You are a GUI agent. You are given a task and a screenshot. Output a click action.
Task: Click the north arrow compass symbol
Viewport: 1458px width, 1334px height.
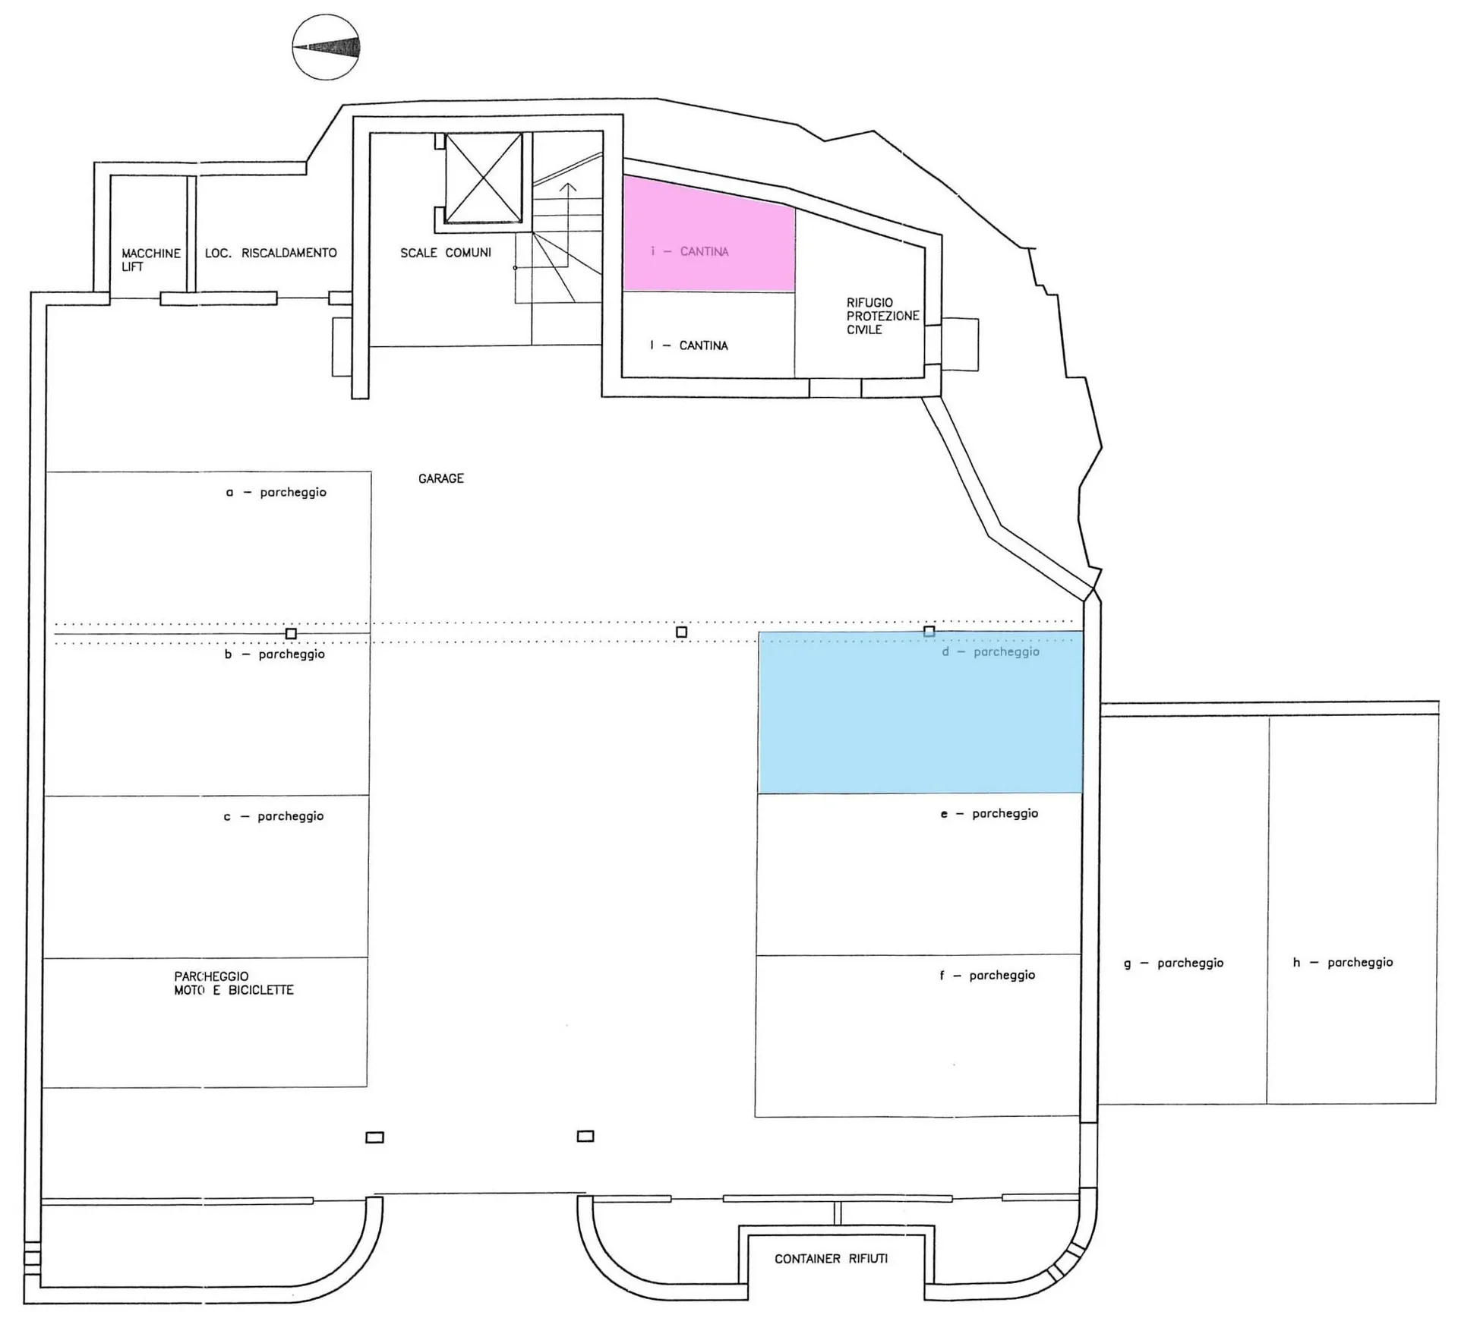click(x=326, y=47)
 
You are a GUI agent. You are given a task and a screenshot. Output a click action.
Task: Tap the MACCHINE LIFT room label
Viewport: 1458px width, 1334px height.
click(x=151, y=260)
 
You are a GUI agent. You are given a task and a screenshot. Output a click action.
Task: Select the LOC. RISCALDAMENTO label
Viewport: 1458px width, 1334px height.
click(x=271, y=253)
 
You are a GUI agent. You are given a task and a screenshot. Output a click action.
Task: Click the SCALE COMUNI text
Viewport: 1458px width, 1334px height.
click(x=446, y=253)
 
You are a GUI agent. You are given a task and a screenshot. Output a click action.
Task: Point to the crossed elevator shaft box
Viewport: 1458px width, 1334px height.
click(x=484, y=178)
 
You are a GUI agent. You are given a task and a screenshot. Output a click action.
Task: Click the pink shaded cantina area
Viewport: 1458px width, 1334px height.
click(x=708, y=234)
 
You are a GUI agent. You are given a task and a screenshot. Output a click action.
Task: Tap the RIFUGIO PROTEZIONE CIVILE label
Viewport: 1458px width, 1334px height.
click(x=883, y=316)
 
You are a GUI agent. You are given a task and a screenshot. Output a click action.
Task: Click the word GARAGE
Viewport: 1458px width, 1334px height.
click(x=441, y=478)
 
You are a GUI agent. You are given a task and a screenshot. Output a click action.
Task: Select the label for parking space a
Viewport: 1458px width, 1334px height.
click(x=276, y=493)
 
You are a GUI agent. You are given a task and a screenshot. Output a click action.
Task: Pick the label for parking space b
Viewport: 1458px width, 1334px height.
click(x=275, y=654)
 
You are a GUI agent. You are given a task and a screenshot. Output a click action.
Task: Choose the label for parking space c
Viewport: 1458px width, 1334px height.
click(x=273, y=817)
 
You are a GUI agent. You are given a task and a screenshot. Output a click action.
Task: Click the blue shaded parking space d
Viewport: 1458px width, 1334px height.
click(x=920, y=712)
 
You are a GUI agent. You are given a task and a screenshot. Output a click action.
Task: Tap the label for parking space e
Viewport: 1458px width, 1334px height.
click(x=989, y=814)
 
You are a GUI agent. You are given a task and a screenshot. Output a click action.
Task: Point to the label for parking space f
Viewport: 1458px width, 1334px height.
click(x=987, y=976)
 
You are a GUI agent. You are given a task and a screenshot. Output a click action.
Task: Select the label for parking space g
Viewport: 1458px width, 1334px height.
click(x=1174, y=963)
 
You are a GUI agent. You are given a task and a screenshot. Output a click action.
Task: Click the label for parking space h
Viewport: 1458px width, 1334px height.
click(x=1343, y=963)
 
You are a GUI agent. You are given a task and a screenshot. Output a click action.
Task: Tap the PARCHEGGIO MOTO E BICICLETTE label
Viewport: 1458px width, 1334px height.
click(x=234, y=983)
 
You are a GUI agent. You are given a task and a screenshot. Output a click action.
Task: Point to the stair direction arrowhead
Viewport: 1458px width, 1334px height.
click(x=568, y=188)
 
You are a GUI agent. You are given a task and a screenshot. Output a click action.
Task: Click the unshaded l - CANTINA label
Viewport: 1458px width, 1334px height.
click(x=689, y=345)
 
